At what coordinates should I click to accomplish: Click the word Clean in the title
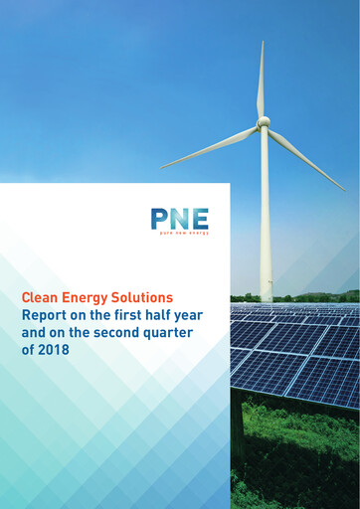(x=41, y=297)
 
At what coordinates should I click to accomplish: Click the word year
(x=203, y=315)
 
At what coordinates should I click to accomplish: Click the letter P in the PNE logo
(x=159, y=218)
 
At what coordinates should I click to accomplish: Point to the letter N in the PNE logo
(x=179, y=218)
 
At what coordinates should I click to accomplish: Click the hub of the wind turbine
(x=264, y=122)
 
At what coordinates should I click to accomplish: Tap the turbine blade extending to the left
(x=210, y=145)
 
